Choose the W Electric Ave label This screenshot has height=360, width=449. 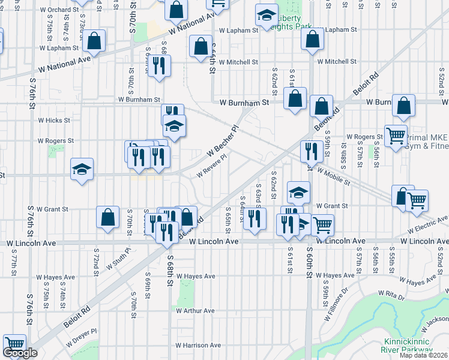(x=428, y=227)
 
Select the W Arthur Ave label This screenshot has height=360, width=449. (x=195, y=311)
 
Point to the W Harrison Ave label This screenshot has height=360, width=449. (x=198, y=346)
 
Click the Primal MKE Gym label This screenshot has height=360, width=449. (x=427, y=141)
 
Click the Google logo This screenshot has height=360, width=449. (x=20, y=353)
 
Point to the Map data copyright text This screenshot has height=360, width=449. (x=423, y=355)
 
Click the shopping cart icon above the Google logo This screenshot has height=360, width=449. (x=15, y=344)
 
